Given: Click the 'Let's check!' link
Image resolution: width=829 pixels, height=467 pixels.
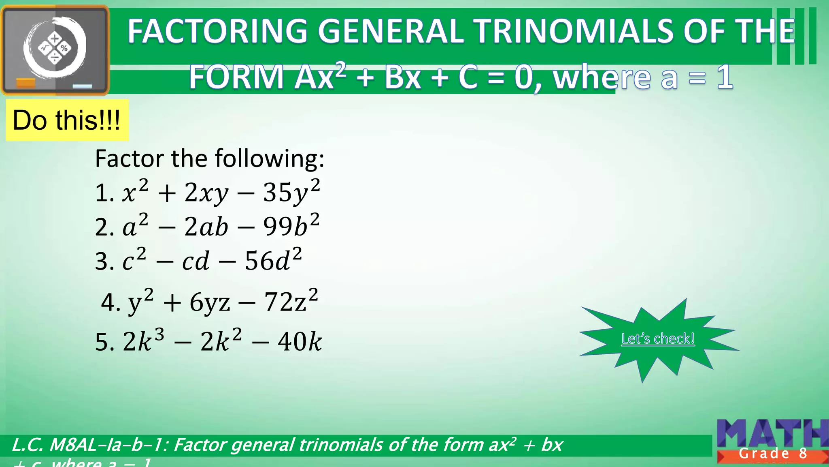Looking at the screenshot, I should pos(658,338).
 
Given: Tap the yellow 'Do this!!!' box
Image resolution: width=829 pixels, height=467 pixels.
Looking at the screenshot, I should pos(67,120).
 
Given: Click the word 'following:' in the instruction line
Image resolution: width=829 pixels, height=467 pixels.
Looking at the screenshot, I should pos(270,159).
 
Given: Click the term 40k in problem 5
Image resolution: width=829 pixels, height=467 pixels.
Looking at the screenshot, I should pos(300,341).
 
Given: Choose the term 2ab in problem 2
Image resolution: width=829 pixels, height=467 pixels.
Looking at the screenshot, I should pos(206,227).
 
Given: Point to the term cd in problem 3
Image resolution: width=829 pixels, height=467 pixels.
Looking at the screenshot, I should pos(196,261).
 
